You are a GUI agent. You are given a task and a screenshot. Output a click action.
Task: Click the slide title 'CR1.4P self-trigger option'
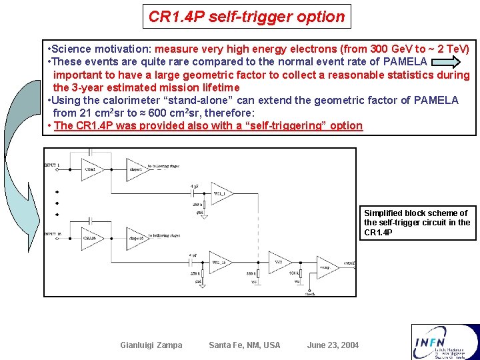tap(247, 17)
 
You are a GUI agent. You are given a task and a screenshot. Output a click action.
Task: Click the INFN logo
tap(445, 341)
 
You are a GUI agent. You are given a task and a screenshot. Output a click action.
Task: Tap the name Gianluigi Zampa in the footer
tap(151, 345)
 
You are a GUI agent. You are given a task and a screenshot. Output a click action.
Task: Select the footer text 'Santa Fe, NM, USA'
tap(245, 345)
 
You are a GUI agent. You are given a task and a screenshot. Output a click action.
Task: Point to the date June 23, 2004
tap(333, 345)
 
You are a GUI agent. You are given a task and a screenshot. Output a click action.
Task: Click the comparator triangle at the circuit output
tap(327, 267)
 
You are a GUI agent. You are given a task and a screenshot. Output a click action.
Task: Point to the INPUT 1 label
tap(52, 165)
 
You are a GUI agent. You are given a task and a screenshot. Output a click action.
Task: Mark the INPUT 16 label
tap(53, 234)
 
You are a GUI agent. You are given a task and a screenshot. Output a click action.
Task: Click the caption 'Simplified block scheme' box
tap(419, 223)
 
